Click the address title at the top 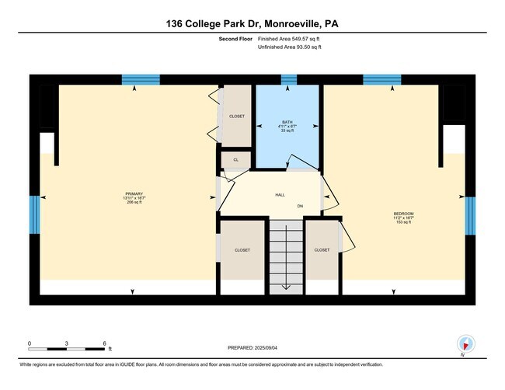252,24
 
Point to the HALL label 280,195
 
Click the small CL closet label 236,160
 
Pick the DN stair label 300,207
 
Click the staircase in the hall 286,256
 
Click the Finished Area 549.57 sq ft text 290,39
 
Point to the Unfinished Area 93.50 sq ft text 290,47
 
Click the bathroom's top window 289,79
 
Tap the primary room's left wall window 34,214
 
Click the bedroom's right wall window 469,215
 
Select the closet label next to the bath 236,117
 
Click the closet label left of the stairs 242,250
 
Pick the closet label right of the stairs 322,250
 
